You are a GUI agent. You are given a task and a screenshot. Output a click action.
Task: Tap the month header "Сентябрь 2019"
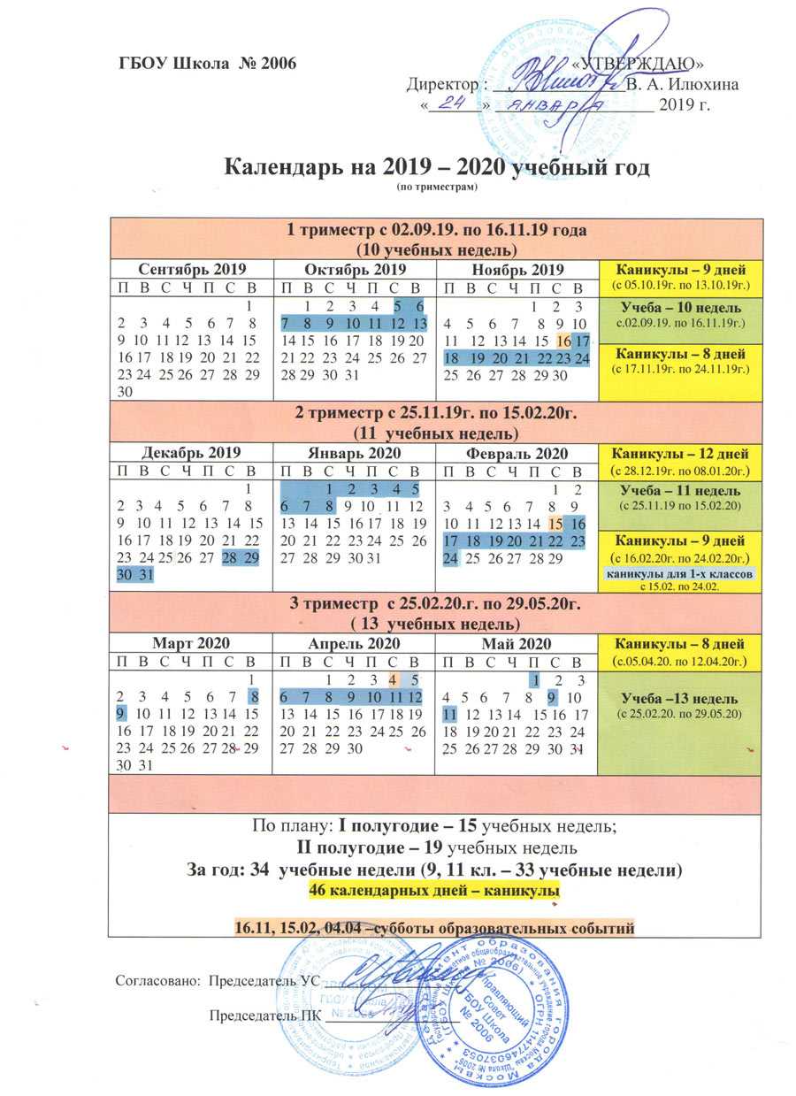(191, 269)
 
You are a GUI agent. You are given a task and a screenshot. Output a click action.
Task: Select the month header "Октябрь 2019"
(354, 269)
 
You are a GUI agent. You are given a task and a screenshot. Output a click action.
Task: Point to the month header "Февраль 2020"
(517, 453)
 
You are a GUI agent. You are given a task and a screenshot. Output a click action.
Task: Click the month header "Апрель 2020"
(354, 643)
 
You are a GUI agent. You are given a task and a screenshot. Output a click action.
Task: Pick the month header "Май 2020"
(517, 643)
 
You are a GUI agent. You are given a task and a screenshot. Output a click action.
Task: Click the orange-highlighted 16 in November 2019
(564, 341)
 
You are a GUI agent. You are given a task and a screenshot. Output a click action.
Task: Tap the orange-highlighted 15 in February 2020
(557, 525)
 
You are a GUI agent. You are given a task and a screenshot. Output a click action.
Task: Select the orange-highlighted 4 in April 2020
(394, 679)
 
